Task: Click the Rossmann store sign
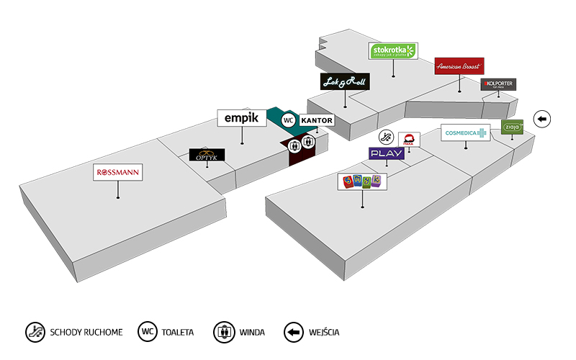pos(118,173)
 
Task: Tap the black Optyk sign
pos(207,155)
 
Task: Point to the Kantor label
pos(317,120)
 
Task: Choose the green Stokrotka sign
pos(393,50)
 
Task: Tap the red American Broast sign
pos(459,66)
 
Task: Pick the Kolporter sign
pos(498,85)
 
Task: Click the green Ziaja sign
pos(513,127)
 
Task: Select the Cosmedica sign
pos(465,132)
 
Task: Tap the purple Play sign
pos(387,153)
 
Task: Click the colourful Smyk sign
pos(363,181)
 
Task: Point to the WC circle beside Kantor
pos(289,120)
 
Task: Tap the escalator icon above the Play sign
pos(387,137)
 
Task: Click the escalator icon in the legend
pos(35,332)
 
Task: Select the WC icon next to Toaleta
pos(148,332)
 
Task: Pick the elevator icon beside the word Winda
pos(224,332)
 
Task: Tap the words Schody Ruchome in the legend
pos(86,333)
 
